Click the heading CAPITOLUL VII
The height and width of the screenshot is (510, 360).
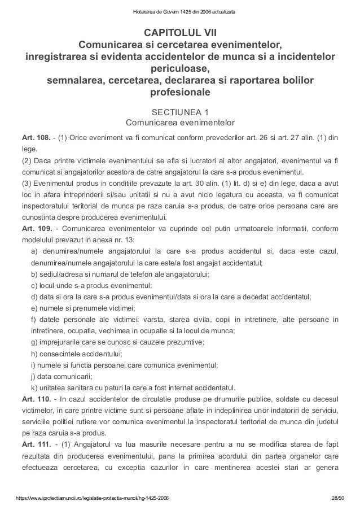coord(179,31)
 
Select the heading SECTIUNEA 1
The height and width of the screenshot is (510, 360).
coord(179,111)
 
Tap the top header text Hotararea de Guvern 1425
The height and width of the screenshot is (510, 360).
coord(179,11)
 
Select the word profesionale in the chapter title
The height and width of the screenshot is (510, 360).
coord(179,91)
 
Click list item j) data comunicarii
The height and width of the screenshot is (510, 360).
coord(62,377)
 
